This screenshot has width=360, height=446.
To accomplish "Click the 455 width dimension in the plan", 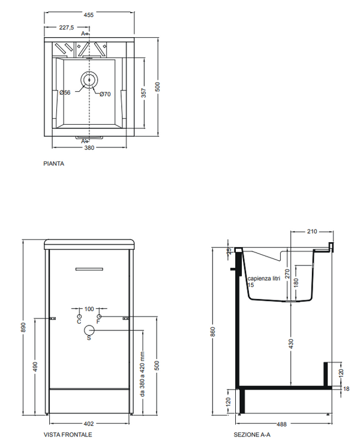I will [89, 16].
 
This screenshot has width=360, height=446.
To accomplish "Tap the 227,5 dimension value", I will [67, 28].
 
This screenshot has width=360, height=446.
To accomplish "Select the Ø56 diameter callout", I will [66, 92].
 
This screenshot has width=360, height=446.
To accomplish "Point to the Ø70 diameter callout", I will [105, 94].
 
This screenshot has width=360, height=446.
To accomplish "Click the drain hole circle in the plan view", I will [89, 79].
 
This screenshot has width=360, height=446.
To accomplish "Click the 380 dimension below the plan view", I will [89, 147].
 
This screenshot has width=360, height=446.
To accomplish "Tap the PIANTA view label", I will [54, 163].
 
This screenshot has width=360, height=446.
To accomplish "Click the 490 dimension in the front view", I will [35, 365].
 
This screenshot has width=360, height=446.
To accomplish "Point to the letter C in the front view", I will [79, 323].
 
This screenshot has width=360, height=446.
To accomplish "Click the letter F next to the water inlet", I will [100, 323].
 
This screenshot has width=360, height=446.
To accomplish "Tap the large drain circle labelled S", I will [89, 330].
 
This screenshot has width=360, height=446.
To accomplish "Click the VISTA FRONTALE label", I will [68, 434].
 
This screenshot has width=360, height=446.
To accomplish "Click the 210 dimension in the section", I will [311, 231].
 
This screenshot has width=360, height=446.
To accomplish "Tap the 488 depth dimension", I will [281, 424].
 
